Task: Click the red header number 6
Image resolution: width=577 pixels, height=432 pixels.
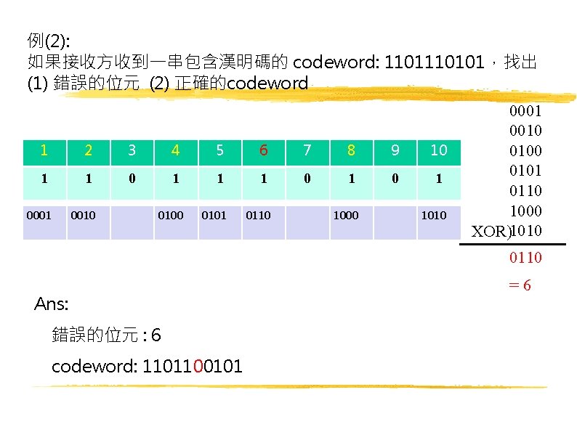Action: click(264, 150)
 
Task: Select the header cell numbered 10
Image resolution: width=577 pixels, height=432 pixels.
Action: click(438, 150)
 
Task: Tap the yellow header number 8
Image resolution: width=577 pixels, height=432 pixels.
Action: click(351, 150)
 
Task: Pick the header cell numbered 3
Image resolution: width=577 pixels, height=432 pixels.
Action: click(132, 150)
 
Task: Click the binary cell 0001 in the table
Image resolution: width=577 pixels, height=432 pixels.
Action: click(38, 215)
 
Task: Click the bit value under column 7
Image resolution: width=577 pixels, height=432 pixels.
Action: click(307, 178)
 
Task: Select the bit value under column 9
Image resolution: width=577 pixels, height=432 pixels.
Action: click(395, 178)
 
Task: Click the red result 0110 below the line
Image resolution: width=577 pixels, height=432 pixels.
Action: click(525, 258)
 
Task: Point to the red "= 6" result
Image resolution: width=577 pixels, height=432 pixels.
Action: click(521, 285)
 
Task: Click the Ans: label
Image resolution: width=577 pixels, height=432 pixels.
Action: click(51, 304)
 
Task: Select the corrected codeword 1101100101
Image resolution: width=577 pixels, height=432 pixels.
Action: click(147, 366)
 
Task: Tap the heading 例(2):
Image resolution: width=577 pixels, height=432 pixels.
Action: click(49, 39)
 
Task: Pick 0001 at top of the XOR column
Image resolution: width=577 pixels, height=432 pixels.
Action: click(525, 113)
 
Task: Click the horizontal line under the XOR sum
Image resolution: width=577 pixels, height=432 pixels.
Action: click(512, 245)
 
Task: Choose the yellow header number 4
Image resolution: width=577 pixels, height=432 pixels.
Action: click(176, 150)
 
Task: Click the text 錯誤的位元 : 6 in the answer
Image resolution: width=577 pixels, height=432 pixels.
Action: click(107, 335)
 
